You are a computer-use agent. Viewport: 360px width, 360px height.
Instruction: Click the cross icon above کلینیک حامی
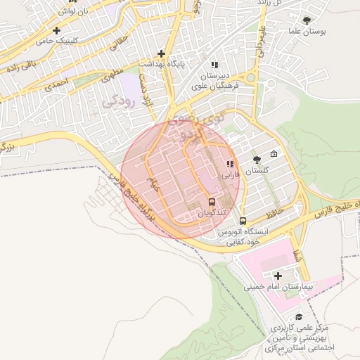pyautogui.click(x=57, y=31)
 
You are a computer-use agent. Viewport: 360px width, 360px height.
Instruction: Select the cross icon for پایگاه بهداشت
pyautogui.click(x=162, y=53)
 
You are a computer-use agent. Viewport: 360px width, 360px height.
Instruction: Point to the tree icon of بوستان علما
pyautogui.click(x=306, y=20)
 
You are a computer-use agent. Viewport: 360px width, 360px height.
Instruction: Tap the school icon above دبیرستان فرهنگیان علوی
pyautogui.click(x=214, y=65)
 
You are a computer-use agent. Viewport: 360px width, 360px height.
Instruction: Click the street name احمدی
pyautogui.click(x=58, y=85)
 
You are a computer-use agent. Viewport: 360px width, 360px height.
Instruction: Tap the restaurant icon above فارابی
pyautogui.click(x=229, y=164)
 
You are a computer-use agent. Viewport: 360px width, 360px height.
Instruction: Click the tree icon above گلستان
pyautogui.click(x=256, y=160)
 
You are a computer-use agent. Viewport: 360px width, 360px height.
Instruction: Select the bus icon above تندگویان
pyautogui.click(x=212, y=203)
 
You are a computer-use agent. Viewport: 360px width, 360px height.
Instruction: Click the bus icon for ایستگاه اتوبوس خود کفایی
pyautogui.click(x=243, y=221)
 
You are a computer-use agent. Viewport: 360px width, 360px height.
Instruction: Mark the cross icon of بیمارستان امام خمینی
pyautogui.click(x=278, y=275)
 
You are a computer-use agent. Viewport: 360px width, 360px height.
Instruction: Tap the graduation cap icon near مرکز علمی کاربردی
pyautogui.click(x=300, y=317)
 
